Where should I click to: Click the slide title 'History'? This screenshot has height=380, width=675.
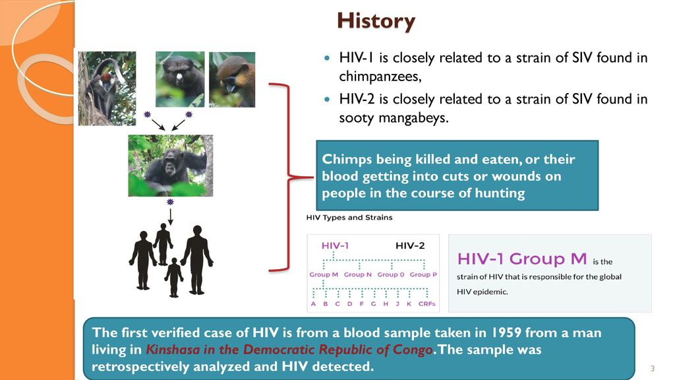(x=376, y=21)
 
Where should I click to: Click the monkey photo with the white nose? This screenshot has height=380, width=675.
(x=180, y=79)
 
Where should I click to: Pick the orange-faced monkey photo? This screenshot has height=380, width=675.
(x=232, y=79)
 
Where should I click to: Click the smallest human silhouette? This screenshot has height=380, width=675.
(x=174, y=276)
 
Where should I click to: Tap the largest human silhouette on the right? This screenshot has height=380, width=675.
(x=196, y=257)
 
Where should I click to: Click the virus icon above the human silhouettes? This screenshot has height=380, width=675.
(x=170, y=201)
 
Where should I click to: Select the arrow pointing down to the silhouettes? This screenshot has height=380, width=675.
(x=170, y=216)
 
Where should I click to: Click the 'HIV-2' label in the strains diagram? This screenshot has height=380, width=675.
(x=410, y=245)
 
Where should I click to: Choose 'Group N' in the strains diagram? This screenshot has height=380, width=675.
(x=358, y=274)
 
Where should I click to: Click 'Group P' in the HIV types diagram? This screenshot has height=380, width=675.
(x=423, y=274)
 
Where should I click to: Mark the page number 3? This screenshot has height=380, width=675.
(x=652, y=368)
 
